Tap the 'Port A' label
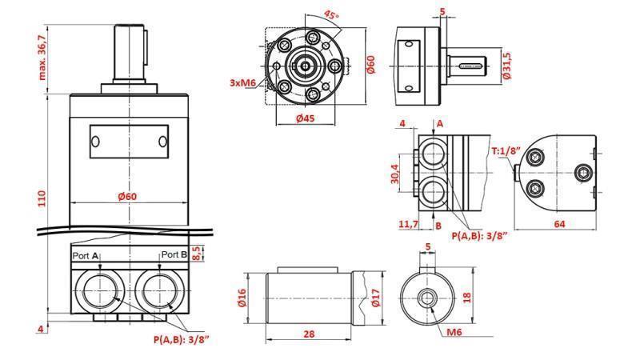pos(86,254)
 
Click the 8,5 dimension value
pos(200,254)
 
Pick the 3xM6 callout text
pos(242,82)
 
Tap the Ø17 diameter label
pos(375,299)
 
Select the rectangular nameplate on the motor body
pos(129,142)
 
